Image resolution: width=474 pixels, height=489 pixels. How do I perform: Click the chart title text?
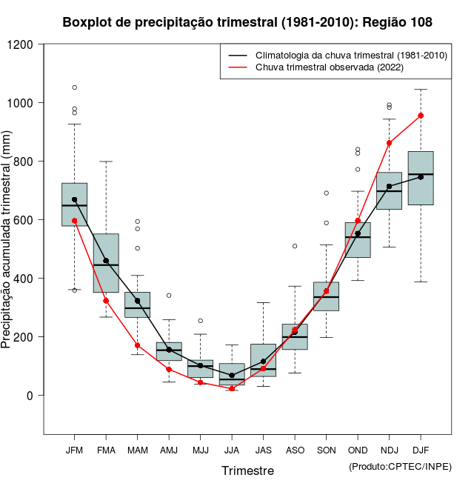(247, 23)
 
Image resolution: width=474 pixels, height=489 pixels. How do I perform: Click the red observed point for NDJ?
(390, 143)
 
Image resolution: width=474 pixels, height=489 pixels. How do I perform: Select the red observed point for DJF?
(421, 116)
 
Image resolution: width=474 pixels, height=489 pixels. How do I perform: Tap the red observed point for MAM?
(137, 345)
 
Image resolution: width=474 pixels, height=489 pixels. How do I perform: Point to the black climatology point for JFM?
(74, 199)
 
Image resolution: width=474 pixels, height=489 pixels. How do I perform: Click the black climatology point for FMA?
(106, 261)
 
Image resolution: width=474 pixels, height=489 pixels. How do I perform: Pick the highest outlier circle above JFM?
(74, 87)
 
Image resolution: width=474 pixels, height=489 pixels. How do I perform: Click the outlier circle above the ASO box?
(295, 246)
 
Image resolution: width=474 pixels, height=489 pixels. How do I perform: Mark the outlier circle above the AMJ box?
(169, 296)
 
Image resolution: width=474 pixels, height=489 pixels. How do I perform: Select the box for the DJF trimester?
(421, 178)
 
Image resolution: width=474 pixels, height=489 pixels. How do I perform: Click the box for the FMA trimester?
(106, 263)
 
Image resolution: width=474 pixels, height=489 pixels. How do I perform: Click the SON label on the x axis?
(326, 450)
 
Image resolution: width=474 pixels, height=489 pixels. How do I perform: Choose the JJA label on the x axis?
(232, 450)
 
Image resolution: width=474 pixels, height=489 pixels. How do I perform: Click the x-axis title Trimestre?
(247, 470)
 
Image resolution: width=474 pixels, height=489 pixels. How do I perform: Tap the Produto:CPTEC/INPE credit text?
(400, 466)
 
